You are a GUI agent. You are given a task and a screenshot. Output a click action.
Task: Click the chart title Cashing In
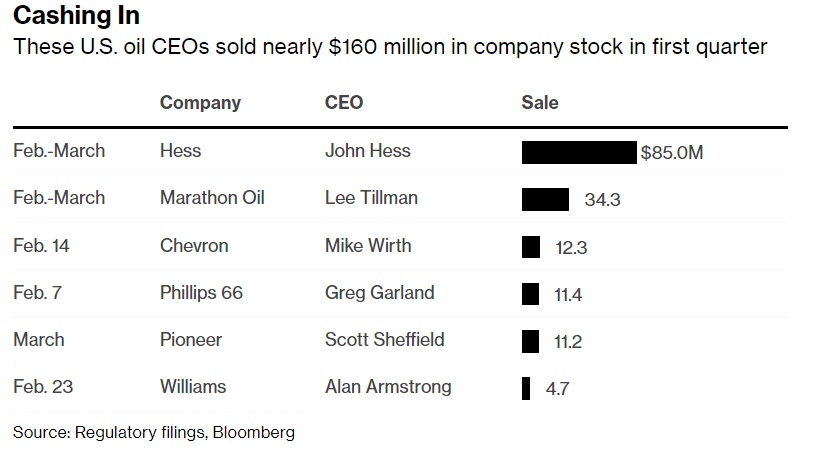(77, 16)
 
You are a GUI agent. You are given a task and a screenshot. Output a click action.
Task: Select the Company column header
(200, 102)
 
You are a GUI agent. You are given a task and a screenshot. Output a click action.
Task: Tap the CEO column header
(344, 102)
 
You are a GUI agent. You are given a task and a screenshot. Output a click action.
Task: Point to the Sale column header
(540, 102)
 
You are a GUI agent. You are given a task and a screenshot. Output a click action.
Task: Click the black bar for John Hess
(579, 152)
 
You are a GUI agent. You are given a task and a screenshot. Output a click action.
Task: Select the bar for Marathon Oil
(545, 199)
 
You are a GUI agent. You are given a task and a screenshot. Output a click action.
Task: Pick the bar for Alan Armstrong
(526, 388)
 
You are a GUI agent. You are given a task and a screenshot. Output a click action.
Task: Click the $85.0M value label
(672, 153)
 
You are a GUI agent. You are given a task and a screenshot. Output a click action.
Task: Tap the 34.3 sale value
(602, 200)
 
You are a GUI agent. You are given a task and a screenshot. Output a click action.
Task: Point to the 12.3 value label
(571, 247)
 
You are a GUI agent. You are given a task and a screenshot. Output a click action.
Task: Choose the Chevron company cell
(194, 245)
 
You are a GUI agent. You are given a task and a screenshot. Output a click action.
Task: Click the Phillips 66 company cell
(201, 293)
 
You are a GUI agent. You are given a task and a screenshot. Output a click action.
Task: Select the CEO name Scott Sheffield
(384, 339)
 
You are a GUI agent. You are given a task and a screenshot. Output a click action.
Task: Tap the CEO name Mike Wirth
(368, 245)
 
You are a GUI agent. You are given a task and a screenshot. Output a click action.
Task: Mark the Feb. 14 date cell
(43, 245)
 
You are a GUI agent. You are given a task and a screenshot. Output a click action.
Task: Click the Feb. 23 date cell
(43, 386)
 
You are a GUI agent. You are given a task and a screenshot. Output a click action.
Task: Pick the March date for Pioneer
(39, 339)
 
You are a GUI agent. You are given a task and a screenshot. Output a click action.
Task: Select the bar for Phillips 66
(531, 294)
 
